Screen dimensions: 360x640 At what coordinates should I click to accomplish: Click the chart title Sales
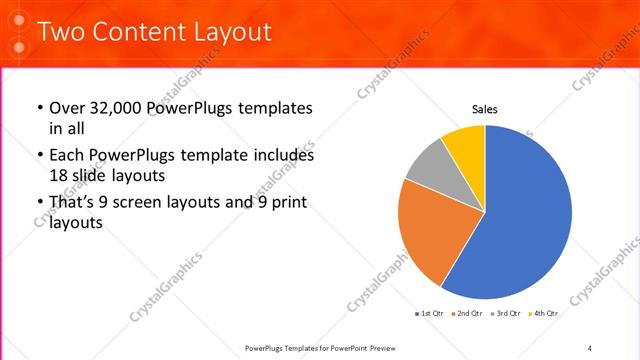pyautogui.click(x=485, y=110)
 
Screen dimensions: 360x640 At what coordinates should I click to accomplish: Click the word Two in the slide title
pyautogui.click(x=60, y=32)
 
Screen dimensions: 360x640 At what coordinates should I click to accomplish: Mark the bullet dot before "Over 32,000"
pyautogui.click(x=39, y=108)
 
